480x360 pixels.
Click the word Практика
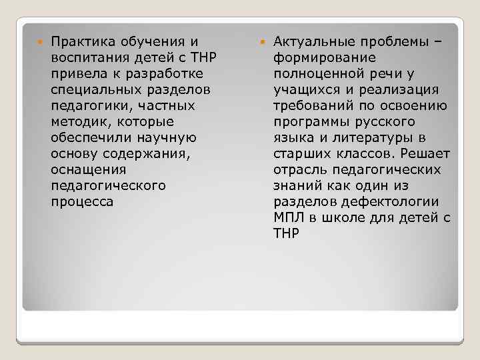pos(82,42)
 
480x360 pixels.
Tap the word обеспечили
pos(89,137)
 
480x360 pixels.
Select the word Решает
pos(425,153)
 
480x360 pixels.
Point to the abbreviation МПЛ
pos(289,217)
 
